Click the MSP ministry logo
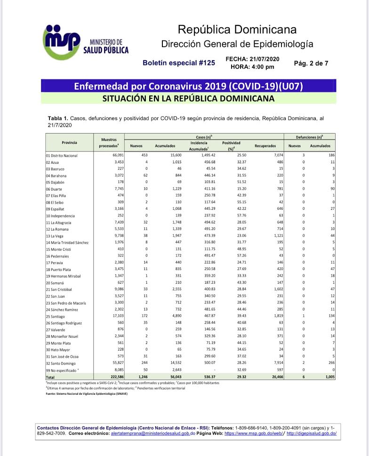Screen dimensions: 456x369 click(x=85, y=43)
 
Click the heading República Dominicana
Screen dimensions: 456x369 click(x=237, y=30)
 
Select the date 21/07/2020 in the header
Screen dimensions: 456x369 click(x=266, y=59)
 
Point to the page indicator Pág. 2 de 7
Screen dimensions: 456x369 click(x=311, y=63)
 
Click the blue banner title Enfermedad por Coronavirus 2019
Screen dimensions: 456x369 click(x=188, y=87)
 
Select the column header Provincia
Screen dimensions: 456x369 click(x=69, y=142)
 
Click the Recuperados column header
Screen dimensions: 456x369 click(x=265, y=146)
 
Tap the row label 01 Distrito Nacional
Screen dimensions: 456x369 click(x=62, y=155)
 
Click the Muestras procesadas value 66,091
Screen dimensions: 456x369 click(x=118, y=155)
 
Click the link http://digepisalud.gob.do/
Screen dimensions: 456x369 click(x=311, y=433)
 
